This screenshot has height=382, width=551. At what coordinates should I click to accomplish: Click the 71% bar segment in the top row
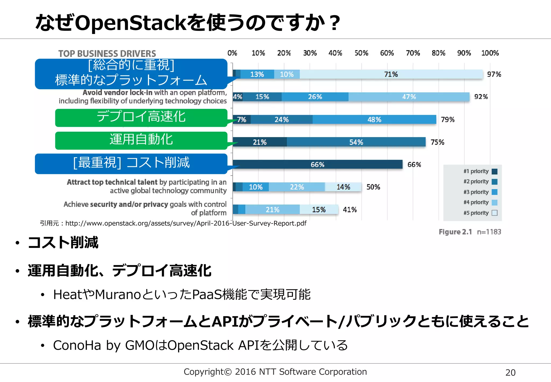pos(391,74)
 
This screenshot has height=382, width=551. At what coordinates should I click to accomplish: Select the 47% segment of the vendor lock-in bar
pos(409,97)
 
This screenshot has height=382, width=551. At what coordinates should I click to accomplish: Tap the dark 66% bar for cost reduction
pos(317,164)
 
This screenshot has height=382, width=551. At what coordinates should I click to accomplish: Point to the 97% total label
pos(494,74)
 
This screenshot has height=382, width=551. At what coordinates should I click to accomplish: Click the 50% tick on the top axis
pos(361,53)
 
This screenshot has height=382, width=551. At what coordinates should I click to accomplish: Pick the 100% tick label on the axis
pos(490,53)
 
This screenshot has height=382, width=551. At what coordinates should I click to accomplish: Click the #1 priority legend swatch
pos(495,171)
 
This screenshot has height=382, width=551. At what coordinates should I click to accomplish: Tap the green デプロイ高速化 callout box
pos(141,117)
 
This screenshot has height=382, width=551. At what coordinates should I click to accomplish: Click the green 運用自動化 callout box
pos(141,140)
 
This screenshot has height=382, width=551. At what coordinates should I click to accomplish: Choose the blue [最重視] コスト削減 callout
pos(131,163)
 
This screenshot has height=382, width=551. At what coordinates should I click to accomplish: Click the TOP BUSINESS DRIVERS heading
pos(107,54)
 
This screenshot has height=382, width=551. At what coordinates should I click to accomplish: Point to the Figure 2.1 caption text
pos(455,232)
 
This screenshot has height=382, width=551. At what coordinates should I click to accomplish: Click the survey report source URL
pos(186,223)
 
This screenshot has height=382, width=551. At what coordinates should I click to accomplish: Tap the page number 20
pos(510,373)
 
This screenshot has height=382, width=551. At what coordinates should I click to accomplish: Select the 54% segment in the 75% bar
pos(356,142)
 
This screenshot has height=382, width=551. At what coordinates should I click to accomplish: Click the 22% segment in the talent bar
pos(297,187)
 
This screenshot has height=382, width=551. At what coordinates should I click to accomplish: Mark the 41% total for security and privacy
pos(349,210)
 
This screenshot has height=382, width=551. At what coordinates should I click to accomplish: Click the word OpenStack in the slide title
pos(130,23)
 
